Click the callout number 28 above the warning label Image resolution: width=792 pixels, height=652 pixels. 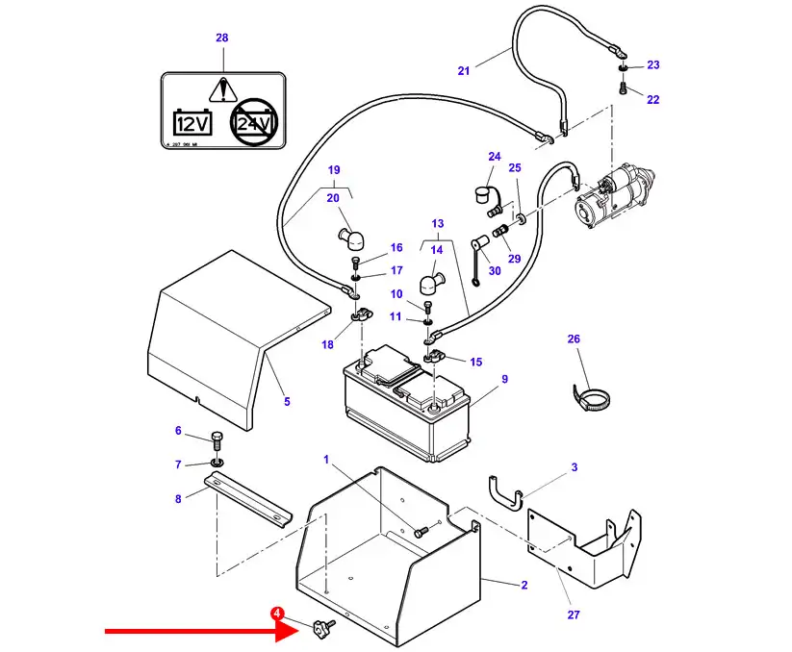point(222,38)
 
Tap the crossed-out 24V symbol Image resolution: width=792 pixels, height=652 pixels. point(253,122)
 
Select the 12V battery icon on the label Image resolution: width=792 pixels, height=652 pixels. point(192,122)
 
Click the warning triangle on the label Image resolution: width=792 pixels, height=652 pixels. point(222,89)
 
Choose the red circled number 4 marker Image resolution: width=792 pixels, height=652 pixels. point(277,613)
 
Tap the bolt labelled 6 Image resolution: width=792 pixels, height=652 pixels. point(216,441)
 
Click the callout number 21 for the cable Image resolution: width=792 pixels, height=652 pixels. point(463,70)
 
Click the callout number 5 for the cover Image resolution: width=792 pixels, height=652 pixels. point(286,401)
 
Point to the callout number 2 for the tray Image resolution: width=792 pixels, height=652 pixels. point(524,585)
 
